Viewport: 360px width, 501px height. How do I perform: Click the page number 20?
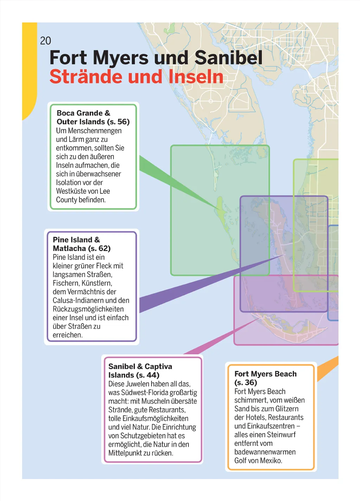pyautogui.click(x=45, y=41)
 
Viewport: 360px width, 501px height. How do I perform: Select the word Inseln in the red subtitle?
pyautogui.click(x=196, y=77)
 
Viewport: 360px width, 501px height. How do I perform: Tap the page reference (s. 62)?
pyautogui.click(x=99, y=249)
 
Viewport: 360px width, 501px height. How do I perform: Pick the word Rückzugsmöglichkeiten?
pyautogui.click(x=88, y=309)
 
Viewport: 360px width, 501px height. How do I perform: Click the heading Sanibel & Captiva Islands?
pyautogui.click(x=140, y=371)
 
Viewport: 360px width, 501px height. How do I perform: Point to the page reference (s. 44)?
pyautogui.click(x=148, y=375)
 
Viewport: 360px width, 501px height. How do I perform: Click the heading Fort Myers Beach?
pyautogui.click(x=265, y=374)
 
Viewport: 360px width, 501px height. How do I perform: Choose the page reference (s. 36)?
pyautogui.click(x=246, y=383)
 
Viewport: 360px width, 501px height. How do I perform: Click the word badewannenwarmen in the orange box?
pyautogui.click(x=265, y=452)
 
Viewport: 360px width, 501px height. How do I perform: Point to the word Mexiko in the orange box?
pyautogui.click(x=270, y=461)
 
